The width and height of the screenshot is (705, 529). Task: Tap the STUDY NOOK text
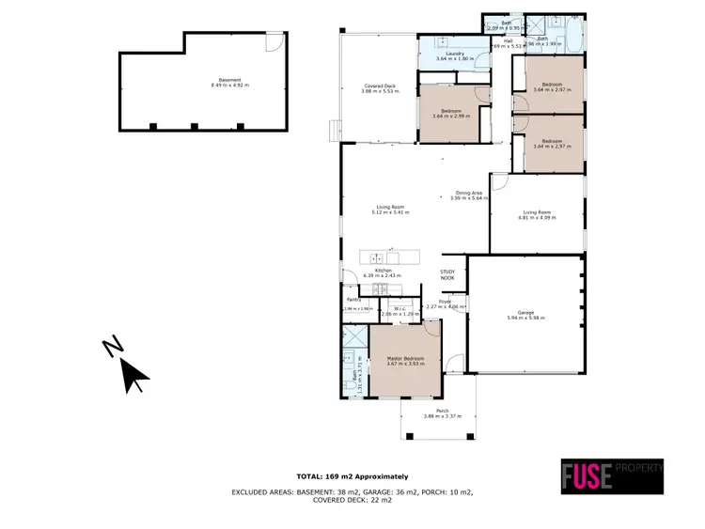tap(447, 274)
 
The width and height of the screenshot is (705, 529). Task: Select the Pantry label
tap(353, 302)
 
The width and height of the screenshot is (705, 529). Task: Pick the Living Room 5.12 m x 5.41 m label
tap(384, 209)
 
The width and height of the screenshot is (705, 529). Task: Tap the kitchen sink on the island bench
tap(377, 257)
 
